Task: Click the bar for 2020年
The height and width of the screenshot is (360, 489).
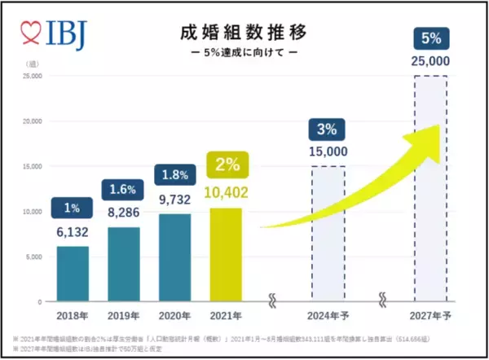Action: (x=174, y=257)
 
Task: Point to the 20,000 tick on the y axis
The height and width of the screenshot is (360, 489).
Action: (x=33, y=121)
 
